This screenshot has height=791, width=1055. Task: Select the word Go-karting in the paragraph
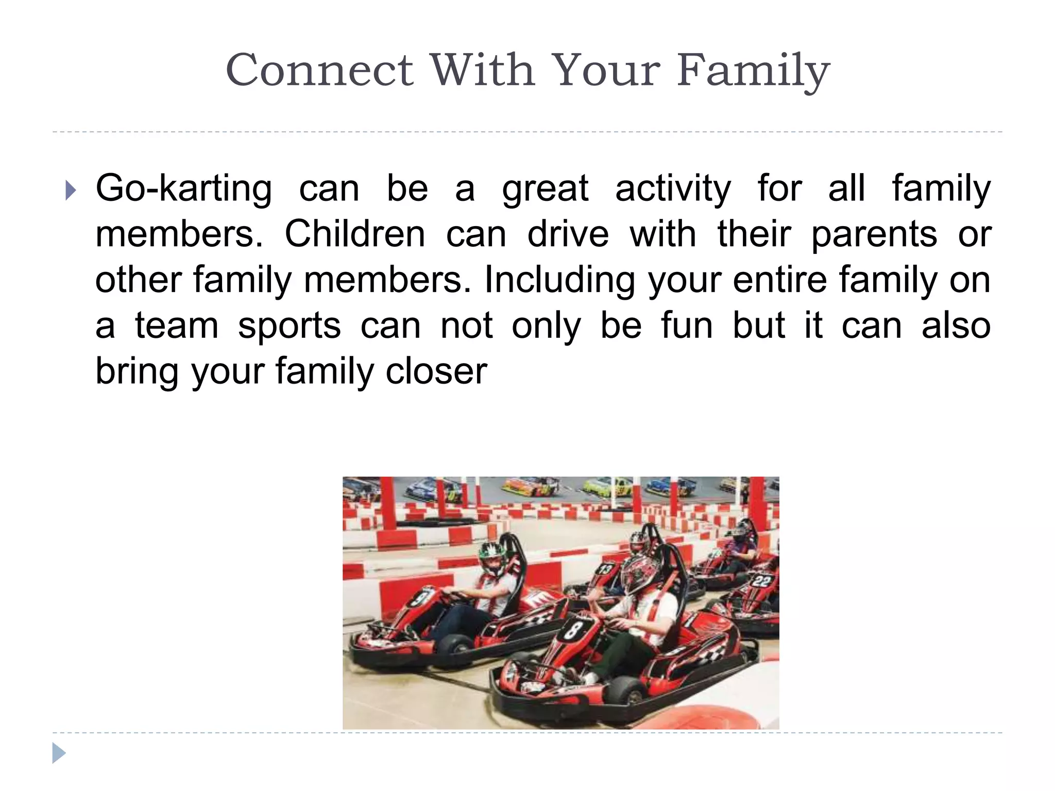coord(183,188)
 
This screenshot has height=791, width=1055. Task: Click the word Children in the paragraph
coord(355,234)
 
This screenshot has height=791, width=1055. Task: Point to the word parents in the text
coord(874,235)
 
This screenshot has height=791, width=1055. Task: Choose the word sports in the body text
coord(290,326)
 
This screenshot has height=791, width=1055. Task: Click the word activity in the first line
coord(673,188)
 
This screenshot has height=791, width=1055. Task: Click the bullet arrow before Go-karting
coord(71,191)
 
